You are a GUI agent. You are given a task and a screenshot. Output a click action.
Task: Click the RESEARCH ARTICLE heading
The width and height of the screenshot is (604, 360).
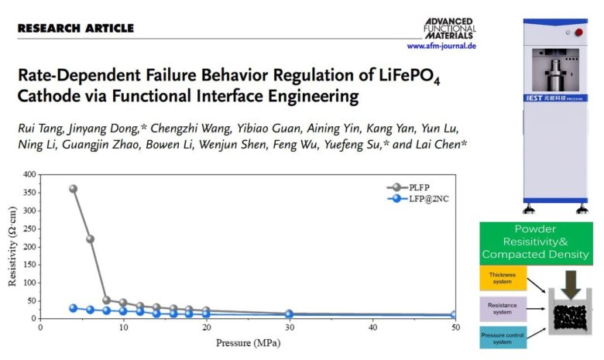(x=75, y=29)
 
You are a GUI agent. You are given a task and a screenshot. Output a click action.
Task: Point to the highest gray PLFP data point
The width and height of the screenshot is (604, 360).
(x=74, y=189)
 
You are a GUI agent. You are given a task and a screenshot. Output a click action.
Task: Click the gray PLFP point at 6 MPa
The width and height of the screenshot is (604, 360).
(x=90, y=239)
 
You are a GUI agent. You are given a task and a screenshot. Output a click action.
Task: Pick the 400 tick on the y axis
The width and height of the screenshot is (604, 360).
(x=29, y=174)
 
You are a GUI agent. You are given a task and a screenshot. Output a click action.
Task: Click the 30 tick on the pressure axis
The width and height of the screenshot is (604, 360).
(x=289, y=328)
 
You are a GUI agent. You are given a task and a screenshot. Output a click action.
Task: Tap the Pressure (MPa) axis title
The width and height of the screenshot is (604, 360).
(x=247, y=341)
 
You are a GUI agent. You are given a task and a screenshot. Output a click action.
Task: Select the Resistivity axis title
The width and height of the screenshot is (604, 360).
(x=12, y=246)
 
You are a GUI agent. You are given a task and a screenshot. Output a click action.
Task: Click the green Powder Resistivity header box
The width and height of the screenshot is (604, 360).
(x=535, y=243)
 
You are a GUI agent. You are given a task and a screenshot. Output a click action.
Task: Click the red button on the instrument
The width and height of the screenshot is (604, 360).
(x=576, y=33)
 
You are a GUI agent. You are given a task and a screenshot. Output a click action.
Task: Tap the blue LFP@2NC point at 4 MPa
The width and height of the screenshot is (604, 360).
(x=74, y=308)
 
